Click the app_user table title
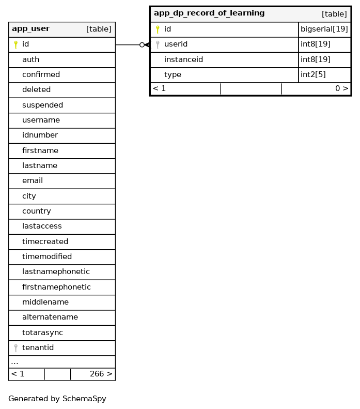[30, 29]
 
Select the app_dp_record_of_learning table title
[209, 13]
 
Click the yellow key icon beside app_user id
[15, 44]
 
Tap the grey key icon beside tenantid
[15, 348]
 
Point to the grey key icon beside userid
[158, 44]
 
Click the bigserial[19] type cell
[324, 29]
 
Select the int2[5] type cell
[313, 74]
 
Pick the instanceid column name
[183, 59]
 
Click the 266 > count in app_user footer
[101, 374]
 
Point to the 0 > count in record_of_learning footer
[341, 88]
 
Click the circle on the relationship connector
[142, 45]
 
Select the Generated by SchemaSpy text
[57, 399]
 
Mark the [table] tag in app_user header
[99, 29]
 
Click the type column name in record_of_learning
[173, 74]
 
